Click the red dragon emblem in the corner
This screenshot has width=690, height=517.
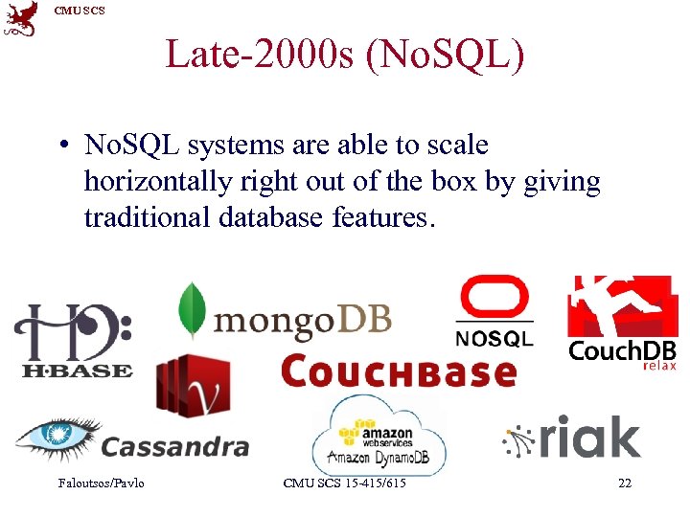point(21,18)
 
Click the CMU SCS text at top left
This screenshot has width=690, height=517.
point(80,11)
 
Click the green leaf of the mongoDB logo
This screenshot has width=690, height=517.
point(193,311)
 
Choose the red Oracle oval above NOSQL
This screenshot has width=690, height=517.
point(494,300)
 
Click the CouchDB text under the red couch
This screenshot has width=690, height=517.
point(622,350)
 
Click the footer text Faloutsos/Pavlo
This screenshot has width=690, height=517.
point(102,483)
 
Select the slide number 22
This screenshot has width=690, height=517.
point(625,483)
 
